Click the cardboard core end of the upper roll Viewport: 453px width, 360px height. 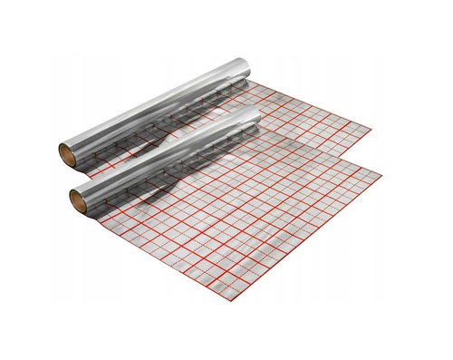[x=66, y=151]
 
